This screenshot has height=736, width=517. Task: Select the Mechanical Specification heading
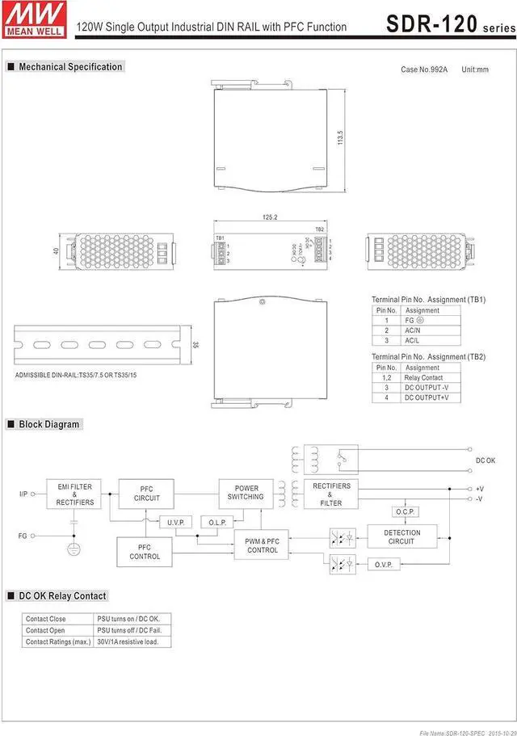coord(70,67)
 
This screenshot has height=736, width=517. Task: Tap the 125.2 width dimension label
coord(270,217)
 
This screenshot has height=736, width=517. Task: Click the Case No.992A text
coord(425,69)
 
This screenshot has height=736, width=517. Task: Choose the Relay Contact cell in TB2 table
coord(422,377)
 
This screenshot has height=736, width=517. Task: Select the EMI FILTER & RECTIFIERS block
coord(74,494)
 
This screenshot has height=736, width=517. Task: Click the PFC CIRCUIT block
coord(146,494)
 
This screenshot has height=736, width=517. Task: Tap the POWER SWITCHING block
coord(246,493)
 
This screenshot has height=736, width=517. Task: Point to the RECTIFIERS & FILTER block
coord(331,494)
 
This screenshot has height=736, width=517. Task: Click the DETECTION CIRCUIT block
coord(401,536)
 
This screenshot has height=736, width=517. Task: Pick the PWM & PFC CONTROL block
coord(262,546)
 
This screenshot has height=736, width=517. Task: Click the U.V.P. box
coord(175,523)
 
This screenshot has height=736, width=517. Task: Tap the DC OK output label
coord(485,461)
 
